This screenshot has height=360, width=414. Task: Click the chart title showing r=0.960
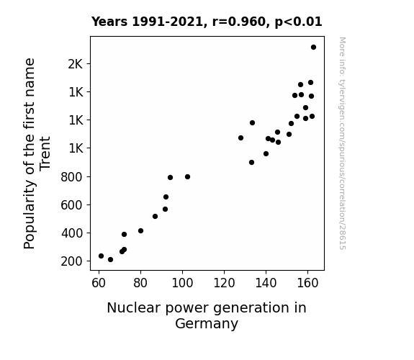click(207, 22)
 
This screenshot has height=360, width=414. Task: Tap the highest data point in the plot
click(313, 48)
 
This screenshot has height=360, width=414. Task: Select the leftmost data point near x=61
click(101, 256)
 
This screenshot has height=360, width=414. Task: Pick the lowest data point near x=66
click(110, 260)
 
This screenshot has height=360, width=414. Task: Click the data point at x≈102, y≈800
click(187, 176)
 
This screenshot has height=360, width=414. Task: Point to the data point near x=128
click(240, 138)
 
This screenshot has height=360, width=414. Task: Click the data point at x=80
click(140, 231)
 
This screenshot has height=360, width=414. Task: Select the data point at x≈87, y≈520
click(155, 216)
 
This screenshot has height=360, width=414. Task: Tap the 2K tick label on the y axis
click(76, 64)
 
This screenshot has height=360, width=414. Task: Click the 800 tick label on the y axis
click(71, 177)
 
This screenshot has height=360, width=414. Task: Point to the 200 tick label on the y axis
click(71, 261)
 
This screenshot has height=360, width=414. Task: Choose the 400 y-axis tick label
click(71, 233)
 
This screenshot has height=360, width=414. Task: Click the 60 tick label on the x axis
click(99, 283)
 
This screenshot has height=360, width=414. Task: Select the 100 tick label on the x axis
click(182, 283)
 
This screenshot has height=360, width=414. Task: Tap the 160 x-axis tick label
click(307, 283)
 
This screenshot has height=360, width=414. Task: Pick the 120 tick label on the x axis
click(224, 283)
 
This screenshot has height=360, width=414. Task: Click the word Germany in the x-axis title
click(207, 324)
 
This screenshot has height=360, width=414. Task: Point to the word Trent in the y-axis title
click(45, 153)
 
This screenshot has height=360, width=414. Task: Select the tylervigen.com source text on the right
click(342, 143)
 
